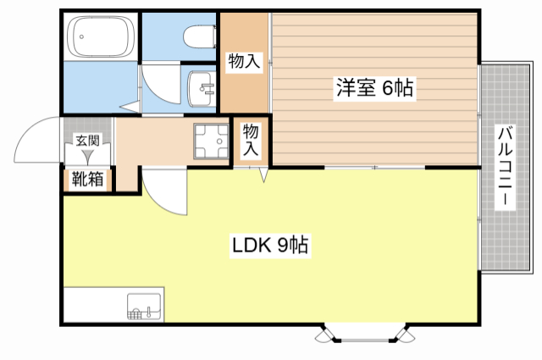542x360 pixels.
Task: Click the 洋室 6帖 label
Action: click(x=374, y=87)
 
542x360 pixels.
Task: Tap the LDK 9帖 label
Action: click(x=270, y=246)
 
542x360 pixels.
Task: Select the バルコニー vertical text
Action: click(x=505, y=167)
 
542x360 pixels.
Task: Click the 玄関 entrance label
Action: click(x=86, y=141)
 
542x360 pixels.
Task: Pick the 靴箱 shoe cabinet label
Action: click(x=87, y=180)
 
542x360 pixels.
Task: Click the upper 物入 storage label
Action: click(x=243, y=62)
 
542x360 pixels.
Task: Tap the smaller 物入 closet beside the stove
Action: click(x=252, y=140)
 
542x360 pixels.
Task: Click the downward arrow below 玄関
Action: click(x=87, y=157)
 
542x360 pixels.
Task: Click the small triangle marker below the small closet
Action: click(x=263, y=175)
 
